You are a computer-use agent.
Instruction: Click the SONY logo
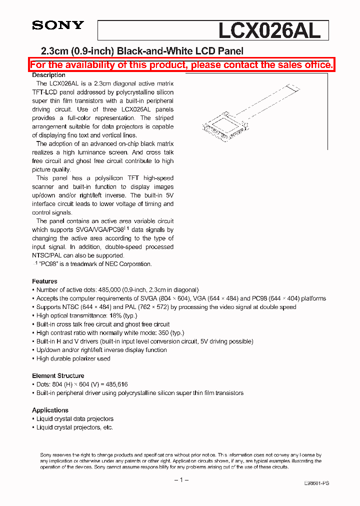[x=58, y=25]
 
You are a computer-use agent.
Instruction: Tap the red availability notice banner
[x=181, y=65]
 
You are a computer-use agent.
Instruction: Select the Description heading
[x=49, y=75]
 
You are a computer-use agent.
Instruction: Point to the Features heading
[x=44, y=281]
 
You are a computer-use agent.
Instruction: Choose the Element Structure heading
[x=58, y=375]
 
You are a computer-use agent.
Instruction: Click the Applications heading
[x=50, y=410]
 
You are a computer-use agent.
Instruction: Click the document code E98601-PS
[x=316, y=483]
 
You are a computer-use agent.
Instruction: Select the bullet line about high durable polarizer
[x=73, y=358]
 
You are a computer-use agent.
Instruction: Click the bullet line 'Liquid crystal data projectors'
[x=75, y=419]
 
